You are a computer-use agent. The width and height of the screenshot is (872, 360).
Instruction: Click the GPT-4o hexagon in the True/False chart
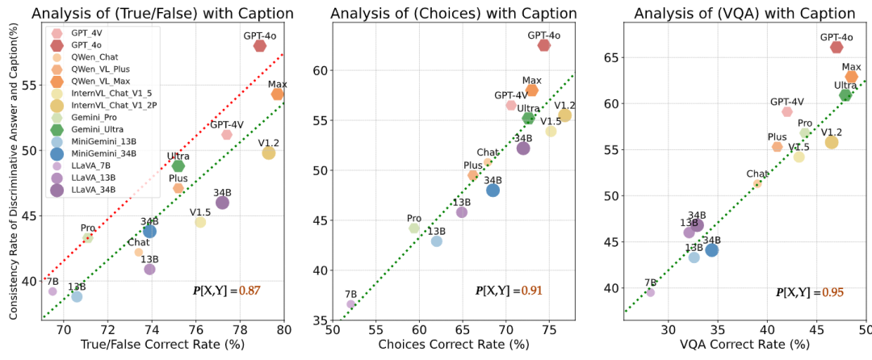tap(260, 46)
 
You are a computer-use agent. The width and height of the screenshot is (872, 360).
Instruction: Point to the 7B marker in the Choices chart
tap(351, 304)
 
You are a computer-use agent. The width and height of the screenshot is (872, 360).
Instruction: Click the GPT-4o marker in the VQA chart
tap(836, 48)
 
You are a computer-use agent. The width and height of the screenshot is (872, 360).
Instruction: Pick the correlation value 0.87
tap(249, 290)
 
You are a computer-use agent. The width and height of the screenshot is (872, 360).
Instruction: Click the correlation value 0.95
tap(833, 291)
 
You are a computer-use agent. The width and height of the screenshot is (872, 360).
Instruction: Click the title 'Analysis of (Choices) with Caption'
tap(454, 13)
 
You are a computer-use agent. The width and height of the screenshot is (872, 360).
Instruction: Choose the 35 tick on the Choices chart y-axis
tap(320, 321)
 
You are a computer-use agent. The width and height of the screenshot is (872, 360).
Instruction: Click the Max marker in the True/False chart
tap(278, 94)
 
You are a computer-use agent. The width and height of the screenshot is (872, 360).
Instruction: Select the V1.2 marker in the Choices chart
tap(565, 115)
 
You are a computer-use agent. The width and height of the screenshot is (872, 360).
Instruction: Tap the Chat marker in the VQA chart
tap(757, 184)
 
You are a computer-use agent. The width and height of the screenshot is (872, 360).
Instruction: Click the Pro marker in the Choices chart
tap(414, 228)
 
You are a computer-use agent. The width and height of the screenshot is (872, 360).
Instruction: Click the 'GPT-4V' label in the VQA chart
tap(786, 102)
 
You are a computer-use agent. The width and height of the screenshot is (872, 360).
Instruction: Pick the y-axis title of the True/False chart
tap(14, 170)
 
